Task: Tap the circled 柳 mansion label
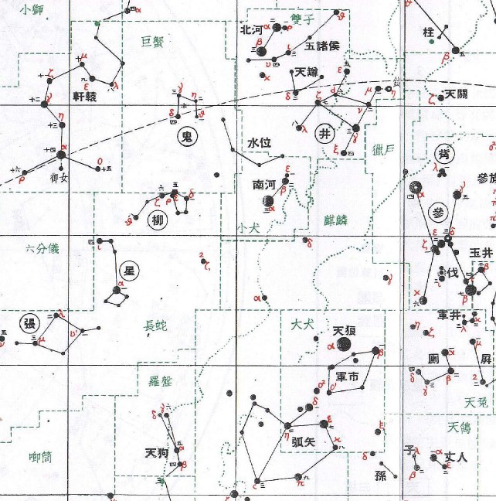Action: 158,221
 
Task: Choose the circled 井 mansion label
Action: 325,131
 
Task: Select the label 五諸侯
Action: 322,45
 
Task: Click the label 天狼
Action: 344,331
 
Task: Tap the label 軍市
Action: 348,377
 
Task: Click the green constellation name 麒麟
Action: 336,220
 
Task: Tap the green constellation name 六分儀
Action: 42,248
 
